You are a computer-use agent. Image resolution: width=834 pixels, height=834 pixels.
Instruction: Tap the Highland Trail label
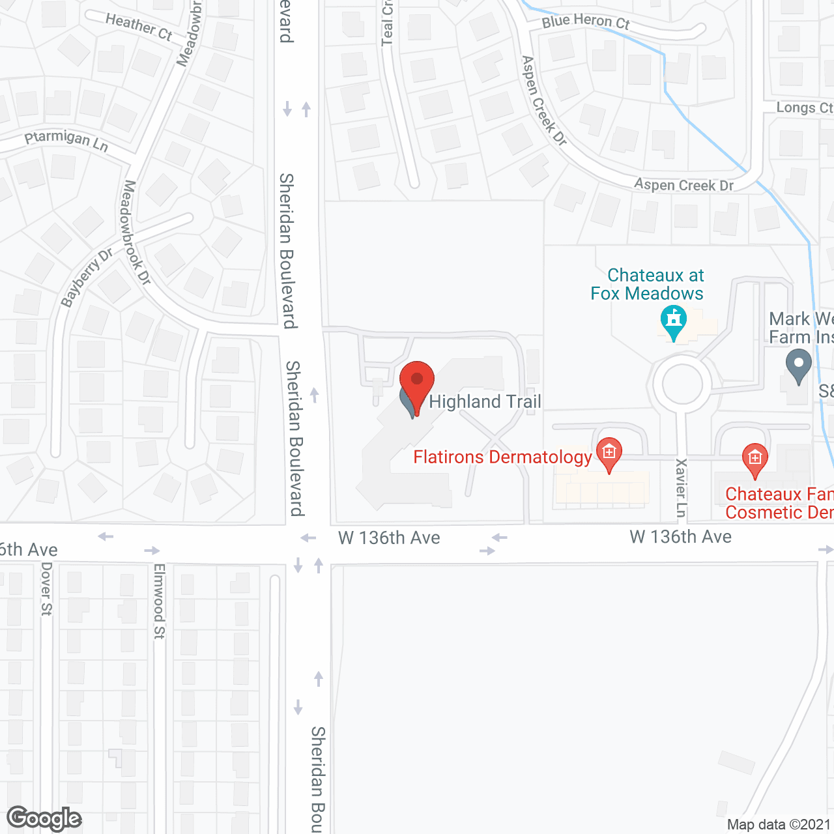point(485,401)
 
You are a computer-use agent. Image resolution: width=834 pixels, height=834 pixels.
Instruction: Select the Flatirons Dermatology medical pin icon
point(609,452)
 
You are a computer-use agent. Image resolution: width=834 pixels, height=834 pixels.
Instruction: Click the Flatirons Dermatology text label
point(502,457)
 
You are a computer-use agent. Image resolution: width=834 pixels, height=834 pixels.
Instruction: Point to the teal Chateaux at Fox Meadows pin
point(673,321)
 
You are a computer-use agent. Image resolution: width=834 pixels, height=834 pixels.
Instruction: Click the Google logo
point(44,818)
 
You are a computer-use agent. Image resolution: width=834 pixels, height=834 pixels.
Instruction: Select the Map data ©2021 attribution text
point(779,824)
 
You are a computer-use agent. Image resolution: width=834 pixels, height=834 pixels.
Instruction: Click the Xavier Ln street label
point(682,487)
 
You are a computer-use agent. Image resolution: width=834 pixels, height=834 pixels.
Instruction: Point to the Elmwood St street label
point(159,601)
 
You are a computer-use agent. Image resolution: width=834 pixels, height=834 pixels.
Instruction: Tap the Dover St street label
point(46,588)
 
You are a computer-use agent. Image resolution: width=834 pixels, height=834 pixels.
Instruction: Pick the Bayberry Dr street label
point(86,278)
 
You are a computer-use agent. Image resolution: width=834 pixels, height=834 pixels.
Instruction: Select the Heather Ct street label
point(139,27)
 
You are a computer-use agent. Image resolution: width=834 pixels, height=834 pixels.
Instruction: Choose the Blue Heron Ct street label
point(586,22)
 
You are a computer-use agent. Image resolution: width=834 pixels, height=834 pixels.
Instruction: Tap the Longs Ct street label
point(804,108)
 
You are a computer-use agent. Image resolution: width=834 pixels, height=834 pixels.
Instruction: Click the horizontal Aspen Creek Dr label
point(684,185)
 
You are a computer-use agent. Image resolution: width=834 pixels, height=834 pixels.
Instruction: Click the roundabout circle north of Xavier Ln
point(682,384)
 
